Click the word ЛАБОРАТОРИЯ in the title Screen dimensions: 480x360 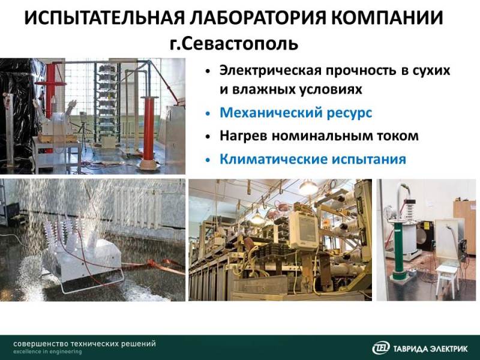coord(257,18)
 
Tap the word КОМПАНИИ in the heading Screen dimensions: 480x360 coord(387,18)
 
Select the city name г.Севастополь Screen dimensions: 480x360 coord(234,43)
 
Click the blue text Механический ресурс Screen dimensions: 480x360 coord(296,113)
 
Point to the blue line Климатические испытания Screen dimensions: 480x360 coord(313,159)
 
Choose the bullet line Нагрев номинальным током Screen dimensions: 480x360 coord(319,136)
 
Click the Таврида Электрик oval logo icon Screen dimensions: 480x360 coord(381,348)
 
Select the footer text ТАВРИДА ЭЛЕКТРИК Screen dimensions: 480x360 coord(430,349)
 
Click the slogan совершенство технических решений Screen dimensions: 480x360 coord(85,343)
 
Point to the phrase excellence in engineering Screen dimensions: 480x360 coord(47,352)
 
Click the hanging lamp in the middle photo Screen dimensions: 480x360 coord(307,188)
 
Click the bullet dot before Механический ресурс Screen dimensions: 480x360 coord(208,113)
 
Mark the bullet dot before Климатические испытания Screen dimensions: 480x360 coord(208,160)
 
